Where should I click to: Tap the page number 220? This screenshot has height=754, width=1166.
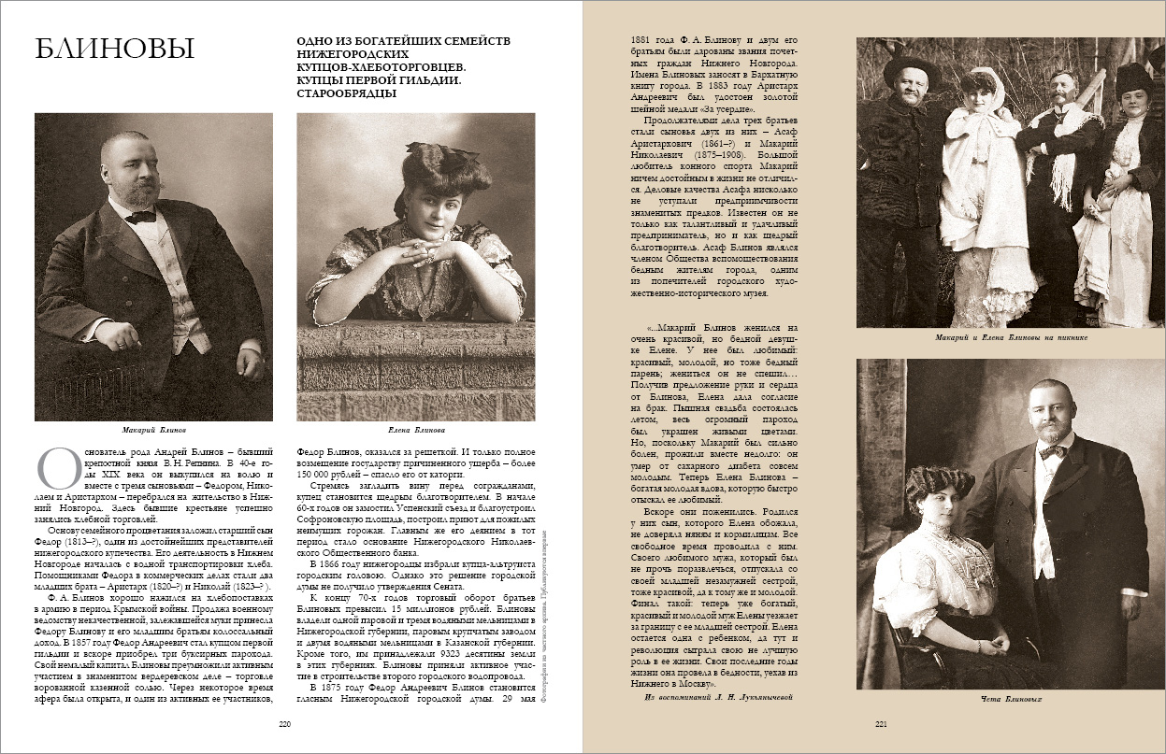pyautogui.click(x=285, y=723)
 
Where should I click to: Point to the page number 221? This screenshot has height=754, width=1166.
pyautogui.click(x=880, y=723)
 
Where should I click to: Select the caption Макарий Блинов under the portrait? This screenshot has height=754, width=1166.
pyautogui.click(x=153, y=431)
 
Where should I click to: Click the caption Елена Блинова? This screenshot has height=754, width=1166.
pyautogui.click(x=415, y=431)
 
